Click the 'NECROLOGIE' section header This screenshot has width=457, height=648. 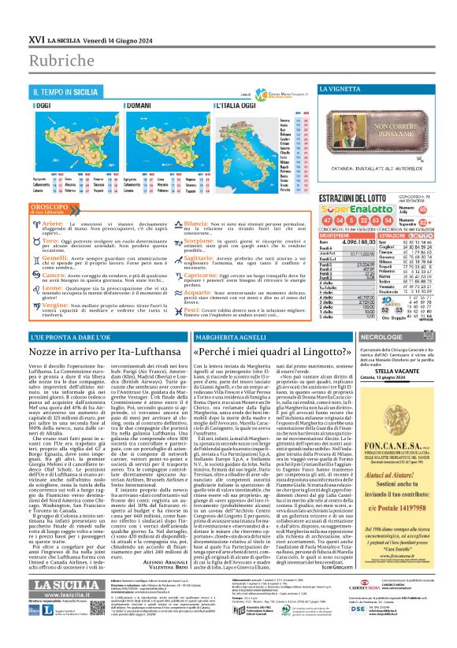[385, 313]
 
